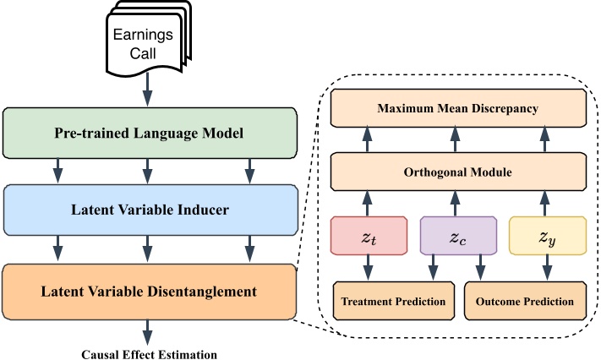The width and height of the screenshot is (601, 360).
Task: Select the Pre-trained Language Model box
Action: (x=150, y=134)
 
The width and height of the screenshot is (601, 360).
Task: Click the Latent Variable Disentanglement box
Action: (x=150, y=292)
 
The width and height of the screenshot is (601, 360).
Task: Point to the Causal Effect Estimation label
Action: (x=150, y=354)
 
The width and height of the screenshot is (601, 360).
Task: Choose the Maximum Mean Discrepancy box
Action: (x=457, y=107)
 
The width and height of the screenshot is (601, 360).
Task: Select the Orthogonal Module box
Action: (x=457, y=172)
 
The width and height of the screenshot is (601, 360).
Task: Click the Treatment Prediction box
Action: (x=393, y=301)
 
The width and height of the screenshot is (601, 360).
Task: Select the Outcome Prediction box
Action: (x=525, y=301)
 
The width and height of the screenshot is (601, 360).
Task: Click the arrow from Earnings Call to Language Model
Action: (x=148, y=88)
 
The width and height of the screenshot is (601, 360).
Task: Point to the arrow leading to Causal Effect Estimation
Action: (x=149, y=330)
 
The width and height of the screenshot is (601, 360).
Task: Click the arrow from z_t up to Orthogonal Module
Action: (x=368, y=202)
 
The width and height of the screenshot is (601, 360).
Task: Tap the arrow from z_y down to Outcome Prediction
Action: (x=547, y=270)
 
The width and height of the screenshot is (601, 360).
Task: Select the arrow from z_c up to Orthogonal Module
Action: (x=456, y=202)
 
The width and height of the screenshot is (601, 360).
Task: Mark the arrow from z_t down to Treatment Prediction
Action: (x=368, y=270)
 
